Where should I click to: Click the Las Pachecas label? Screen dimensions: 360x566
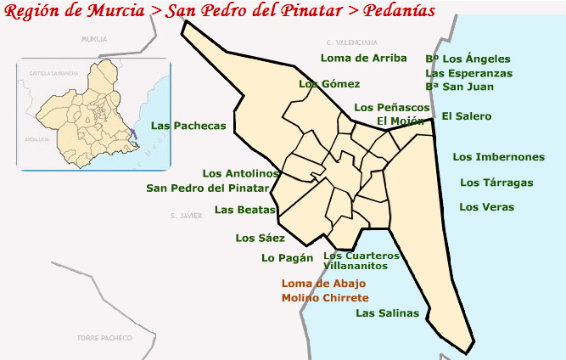[188, 126]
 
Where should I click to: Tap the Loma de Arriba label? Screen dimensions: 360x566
[357, 59]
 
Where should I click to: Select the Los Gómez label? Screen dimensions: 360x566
[329, 84]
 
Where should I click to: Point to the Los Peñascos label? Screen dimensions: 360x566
[392, 108]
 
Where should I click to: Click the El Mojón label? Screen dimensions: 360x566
[401, 121]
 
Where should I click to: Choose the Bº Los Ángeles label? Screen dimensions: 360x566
[468, 59]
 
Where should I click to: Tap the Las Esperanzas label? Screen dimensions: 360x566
[468, 73]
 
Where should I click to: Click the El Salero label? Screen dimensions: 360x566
[466, 116]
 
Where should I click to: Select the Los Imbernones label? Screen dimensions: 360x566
[498, 157]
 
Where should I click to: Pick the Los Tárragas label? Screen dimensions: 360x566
[496, 183]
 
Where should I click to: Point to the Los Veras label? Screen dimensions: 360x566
[486, 207]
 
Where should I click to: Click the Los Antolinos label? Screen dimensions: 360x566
[241, 174]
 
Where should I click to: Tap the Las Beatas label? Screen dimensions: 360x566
[245, 210]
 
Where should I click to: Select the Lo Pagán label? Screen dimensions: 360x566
[287, 258]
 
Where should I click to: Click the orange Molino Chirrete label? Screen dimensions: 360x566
[325, 298]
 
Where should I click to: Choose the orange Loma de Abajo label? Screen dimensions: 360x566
[323, 284]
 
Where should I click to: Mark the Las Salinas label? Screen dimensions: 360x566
[387, 313]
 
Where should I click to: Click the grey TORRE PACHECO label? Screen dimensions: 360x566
[104, 338]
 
